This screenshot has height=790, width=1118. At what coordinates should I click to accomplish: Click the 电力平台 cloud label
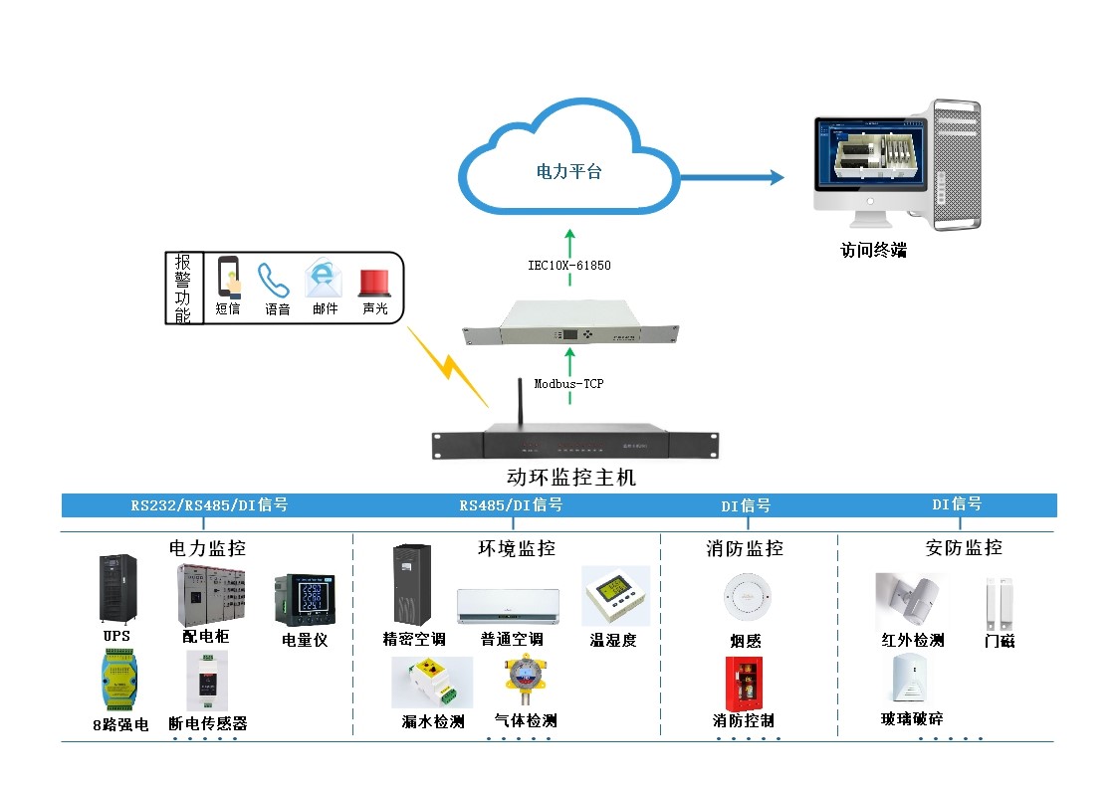click(569, 171)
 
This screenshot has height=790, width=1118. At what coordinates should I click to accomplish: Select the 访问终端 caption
click(873, 251)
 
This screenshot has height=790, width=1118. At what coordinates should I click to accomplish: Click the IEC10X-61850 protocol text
click(569, 266)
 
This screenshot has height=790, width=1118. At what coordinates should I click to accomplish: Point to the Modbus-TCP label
click(569, 383)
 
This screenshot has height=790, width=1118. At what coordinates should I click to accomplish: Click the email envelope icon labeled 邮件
click(324, 279)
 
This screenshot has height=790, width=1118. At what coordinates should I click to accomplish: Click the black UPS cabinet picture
click(116, 588)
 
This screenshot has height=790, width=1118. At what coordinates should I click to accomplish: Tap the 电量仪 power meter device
click(303, 599)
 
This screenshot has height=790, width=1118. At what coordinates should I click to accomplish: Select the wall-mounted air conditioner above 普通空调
click(508, 606)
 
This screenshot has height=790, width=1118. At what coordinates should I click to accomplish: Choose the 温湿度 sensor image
click(614, 596)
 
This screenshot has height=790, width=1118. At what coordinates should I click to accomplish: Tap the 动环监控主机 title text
click(570, 478)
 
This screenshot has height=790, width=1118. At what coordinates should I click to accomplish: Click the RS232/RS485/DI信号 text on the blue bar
click(209, 505)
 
